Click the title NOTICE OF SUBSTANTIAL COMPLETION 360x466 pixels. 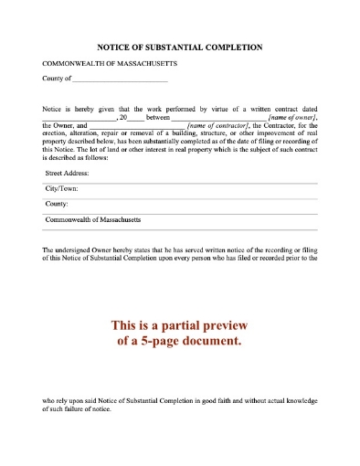point(180,47)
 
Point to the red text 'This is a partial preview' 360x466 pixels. point(180,325)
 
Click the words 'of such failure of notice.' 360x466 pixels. point(77,409)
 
